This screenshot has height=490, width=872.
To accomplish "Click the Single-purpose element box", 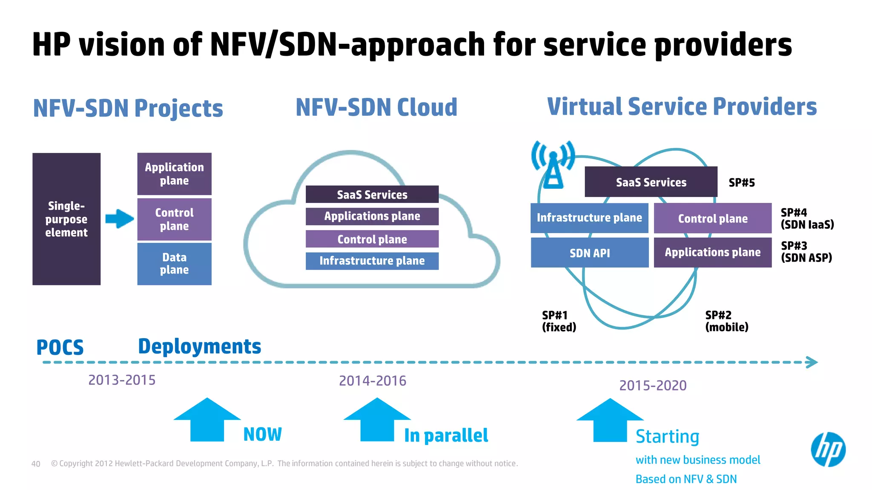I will [66, 219].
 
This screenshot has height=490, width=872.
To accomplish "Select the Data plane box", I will [174, 264].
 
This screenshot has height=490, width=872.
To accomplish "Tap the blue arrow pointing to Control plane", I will [119, 219].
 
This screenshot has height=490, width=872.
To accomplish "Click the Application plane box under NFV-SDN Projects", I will [174, 174].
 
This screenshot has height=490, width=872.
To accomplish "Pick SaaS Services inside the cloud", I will [372, 194].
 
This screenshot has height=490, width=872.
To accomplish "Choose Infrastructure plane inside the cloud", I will [372, 261].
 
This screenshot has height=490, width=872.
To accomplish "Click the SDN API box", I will [589, 253].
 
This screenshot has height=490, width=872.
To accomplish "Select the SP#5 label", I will [741, 183].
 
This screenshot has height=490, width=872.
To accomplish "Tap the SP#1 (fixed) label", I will [559, 321].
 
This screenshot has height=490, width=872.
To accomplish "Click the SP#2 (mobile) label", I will [726, 321].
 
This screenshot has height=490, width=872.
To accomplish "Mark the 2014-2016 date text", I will [373, 381].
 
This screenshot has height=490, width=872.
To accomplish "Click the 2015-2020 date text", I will [653, 385].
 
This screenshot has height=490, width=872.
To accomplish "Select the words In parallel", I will [446, 436].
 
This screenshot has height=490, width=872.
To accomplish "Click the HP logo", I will [828, 450].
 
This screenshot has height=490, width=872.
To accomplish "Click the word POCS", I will [60, 348].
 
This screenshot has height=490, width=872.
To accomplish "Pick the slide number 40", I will [36, 464].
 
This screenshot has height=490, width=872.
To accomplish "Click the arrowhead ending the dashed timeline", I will [812, 362].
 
